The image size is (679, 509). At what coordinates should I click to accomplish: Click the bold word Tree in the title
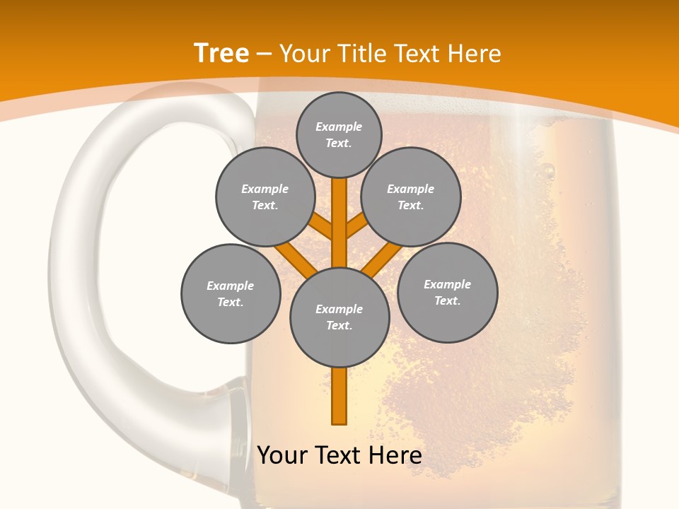[221, 53]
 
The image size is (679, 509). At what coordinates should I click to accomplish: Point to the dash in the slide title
[264, 54]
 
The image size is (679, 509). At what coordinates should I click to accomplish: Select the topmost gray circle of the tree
[339, 134]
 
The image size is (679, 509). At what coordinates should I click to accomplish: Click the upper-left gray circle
[265, 197]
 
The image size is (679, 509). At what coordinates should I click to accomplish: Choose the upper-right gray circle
[411, 197]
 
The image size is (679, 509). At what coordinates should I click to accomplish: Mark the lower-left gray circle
[231, 293]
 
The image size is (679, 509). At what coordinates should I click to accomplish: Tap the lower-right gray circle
[448, 292]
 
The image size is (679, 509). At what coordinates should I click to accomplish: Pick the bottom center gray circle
[339, 317]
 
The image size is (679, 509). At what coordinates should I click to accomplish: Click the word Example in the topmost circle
[339, 127]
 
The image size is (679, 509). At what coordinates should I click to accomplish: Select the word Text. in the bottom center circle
[339, 325]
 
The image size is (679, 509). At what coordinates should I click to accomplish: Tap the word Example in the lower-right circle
[447, 284]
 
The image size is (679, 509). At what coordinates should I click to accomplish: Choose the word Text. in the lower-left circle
[230, 302]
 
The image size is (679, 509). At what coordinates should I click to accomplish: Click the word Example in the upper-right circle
[410, 189]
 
